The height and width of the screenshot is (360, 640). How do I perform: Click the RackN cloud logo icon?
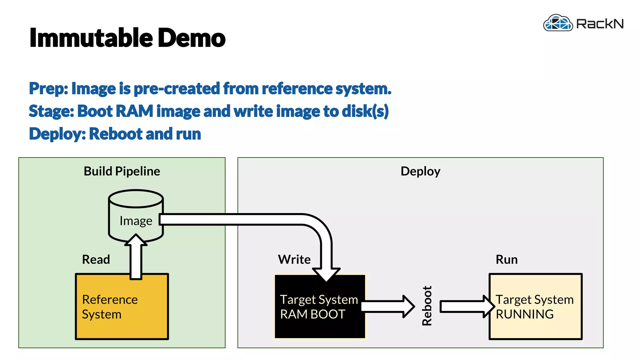pos(558,23)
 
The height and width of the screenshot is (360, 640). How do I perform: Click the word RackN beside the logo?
pos(599,24)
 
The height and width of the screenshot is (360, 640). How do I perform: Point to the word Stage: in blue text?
pos(51,111)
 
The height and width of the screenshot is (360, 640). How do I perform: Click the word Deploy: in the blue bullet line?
pos(57,134)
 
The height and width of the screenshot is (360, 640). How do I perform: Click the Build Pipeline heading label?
pos(122,171)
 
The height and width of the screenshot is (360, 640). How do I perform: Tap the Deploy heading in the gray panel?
pos(420,171)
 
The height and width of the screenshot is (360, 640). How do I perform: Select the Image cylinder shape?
pos(136,216)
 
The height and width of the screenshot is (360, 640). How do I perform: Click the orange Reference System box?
pos(122,307)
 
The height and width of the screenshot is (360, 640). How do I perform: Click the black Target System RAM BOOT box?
pos(319,307)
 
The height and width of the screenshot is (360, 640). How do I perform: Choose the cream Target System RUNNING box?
pos(535,307)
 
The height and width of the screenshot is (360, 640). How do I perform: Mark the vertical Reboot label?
pos(427,306)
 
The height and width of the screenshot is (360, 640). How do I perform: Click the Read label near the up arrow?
pos(96,259)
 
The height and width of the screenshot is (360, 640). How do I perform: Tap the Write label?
pos(294,259)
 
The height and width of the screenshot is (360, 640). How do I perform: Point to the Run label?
pos(507,259)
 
